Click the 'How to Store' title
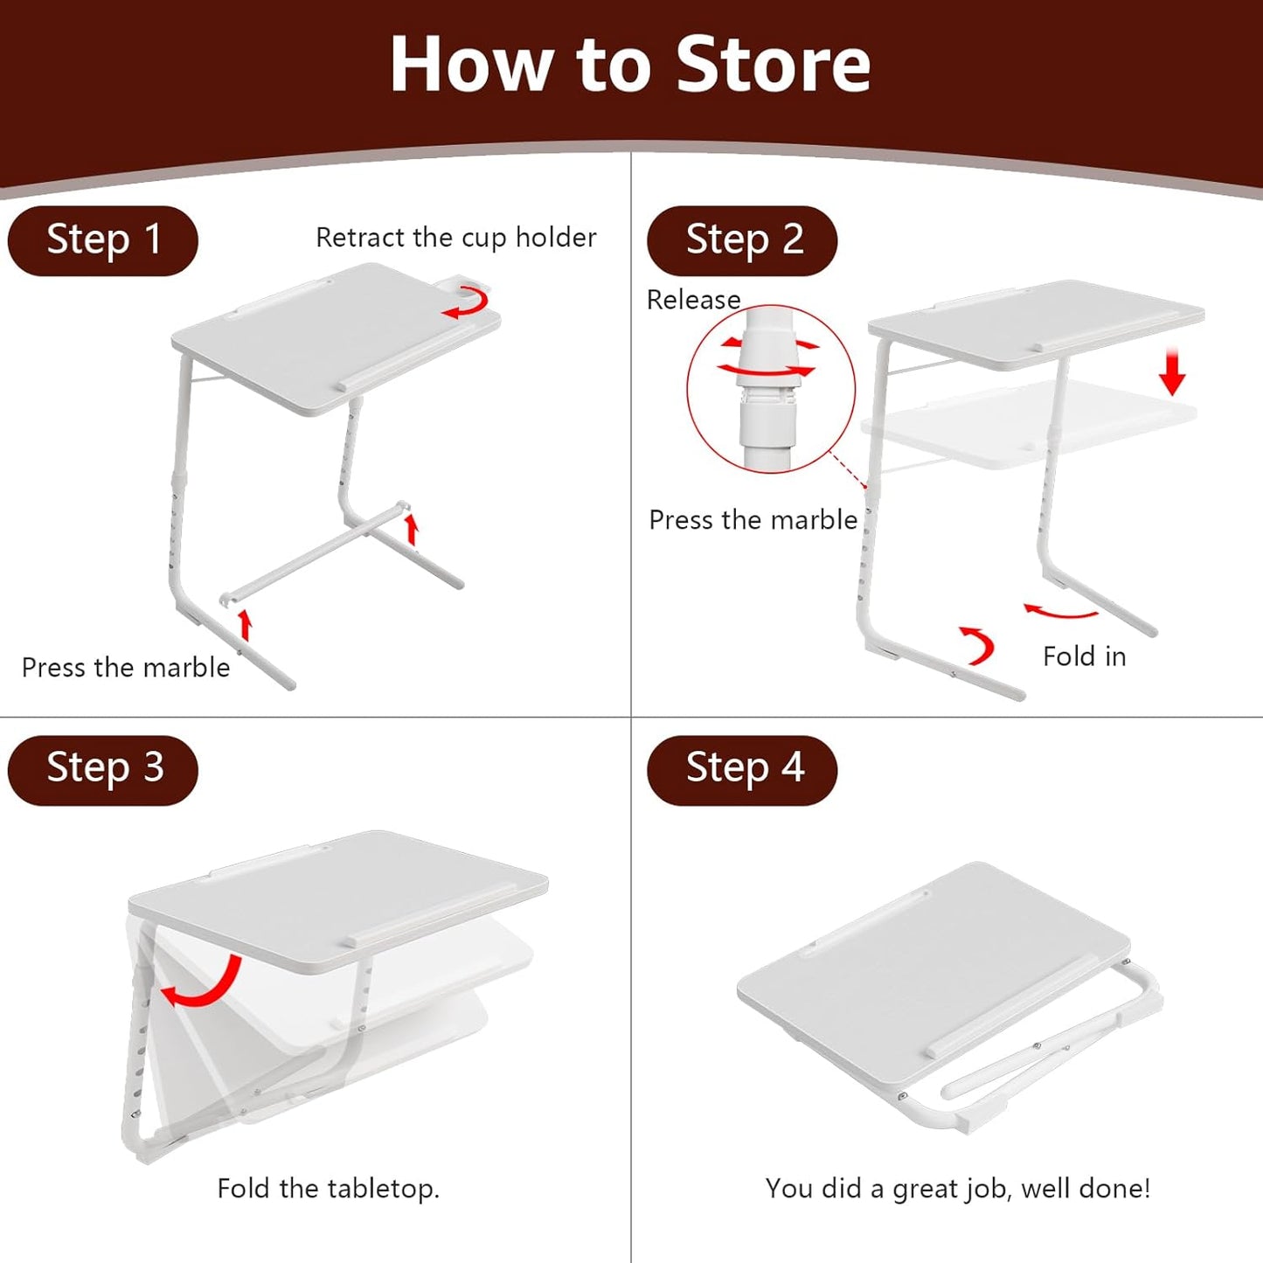(x=630, y=65)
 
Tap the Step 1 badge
(x=103, y=240)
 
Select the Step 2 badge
(x=742, y=240)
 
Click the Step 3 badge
(x=103, y=769)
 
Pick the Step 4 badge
(x=742, y=769)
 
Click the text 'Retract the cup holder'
(x=455, y=238)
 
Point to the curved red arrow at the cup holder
(x=466, y=305)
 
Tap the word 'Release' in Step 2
(x=693, y=300)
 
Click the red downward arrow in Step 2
(x=1172, y=372)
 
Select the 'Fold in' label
(x=1084, y=656)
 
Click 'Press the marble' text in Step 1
(x=126, y=668)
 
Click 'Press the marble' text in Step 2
(x=753, y=520)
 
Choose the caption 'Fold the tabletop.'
(x=328, y=1189)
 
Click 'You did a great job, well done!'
(x=957, y=1189)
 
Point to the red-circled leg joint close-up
(x=770, y=389)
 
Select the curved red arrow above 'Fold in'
(x=1060, y=612)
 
